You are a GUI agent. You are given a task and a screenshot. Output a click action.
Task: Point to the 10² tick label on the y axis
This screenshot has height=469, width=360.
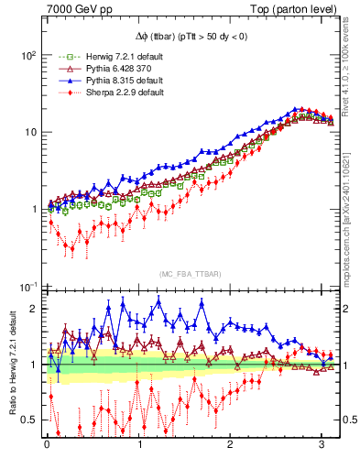click(27, 55)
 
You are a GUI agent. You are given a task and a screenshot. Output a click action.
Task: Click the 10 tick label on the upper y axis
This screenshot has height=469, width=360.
click(29, 132)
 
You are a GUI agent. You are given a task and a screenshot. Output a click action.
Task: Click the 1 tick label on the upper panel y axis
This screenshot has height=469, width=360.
click(32, 209)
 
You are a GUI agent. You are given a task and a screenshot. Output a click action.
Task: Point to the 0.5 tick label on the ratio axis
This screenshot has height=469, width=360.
click(27, 420)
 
